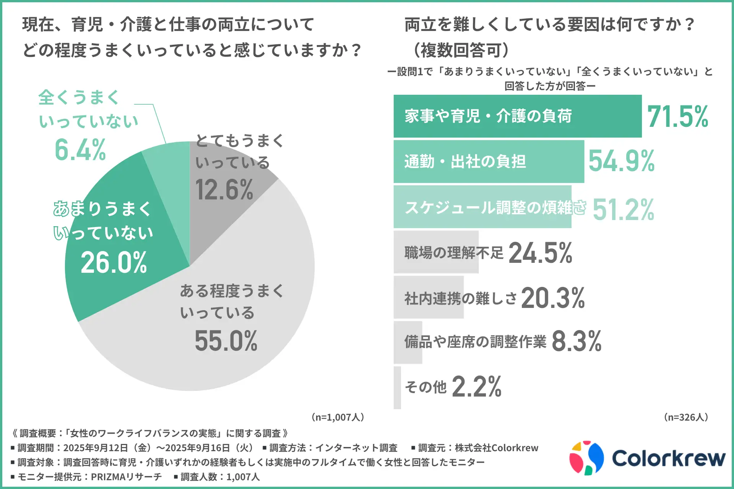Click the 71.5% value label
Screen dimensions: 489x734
[677, 117]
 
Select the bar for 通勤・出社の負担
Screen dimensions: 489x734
[489, 162]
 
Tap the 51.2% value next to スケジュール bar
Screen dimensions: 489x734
[623, 210]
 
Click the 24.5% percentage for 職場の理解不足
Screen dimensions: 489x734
[540, 253]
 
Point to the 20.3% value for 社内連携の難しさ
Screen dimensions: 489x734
[553, 298]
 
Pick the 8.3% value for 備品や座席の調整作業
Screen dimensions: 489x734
[576, 341]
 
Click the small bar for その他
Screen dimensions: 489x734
[397, 387]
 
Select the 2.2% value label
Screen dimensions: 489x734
[476, 387]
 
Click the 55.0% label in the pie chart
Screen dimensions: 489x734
[226, 341]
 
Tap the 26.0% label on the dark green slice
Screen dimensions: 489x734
[114, 263]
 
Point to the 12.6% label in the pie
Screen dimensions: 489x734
[224, 190]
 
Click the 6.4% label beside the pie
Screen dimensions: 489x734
[80, 150]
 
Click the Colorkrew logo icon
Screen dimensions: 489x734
[586, 458]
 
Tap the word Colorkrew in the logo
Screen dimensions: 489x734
[668, 458]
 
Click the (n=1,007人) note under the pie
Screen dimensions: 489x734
[338, 417]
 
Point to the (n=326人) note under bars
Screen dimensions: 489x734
[686, 417]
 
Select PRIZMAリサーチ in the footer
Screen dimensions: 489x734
[127, 477]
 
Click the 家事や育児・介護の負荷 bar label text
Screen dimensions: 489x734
[488, 116]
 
